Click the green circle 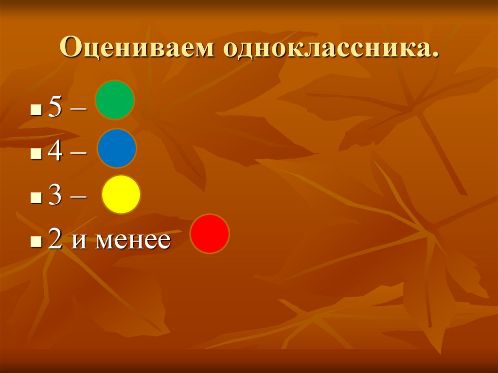pos(115,100)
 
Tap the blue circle pos(117,148)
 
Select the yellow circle pos(121,195)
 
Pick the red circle pos(210,234)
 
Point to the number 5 pos(54,109)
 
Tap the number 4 pos(54,153)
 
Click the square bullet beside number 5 pos(34,112)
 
